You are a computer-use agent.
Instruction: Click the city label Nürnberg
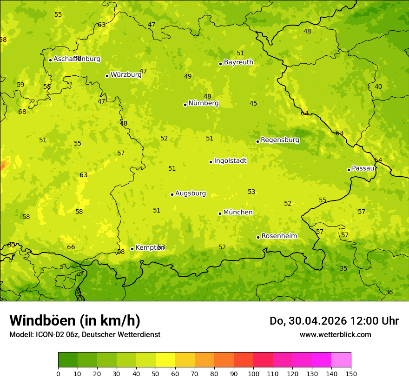[x=203, y=103]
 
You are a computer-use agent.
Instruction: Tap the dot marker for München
[x=220, y=213]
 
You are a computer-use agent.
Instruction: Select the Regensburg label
[x=280, y=140]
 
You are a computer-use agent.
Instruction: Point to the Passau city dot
[x=349, y=170]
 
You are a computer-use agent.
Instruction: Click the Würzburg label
[x=125, y=74]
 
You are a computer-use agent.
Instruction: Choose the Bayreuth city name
[x=238, y=62]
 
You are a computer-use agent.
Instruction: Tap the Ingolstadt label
[x=230, y=161]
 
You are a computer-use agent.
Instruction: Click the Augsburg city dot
[x=172, y=194]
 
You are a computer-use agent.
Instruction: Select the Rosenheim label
[x=279, y=236]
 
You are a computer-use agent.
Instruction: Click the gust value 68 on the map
[x=22, y=112]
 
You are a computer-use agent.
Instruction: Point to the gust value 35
[x=343, y=268]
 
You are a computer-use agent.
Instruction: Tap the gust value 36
[x=389, y=292]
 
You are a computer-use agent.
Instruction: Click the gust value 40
[x=378, y=87]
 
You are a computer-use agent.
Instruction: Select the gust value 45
[x=253, y=103]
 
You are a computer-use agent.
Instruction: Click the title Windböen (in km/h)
[x=75, y=320]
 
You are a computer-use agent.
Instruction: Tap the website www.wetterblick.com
[x=335, y=334]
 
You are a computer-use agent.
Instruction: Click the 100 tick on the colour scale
[x=253, y=373]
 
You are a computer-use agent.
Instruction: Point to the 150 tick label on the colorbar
[x=351, y=373]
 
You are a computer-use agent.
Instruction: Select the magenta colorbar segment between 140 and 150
[x=341, y=360]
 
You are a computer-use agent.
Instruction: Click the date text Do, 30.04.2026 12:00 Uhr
[x=334, y=321]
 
